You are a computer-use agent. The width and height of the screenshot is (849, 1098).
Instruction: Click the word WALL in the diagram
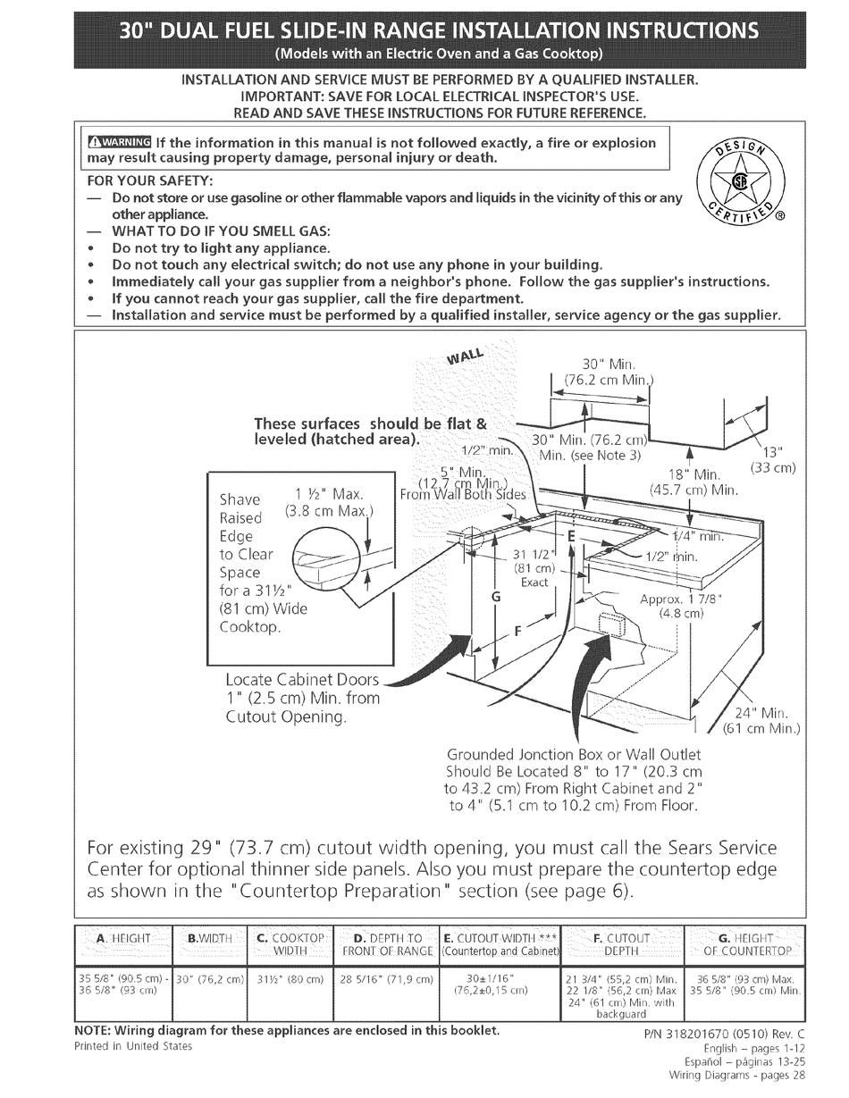pyautogui.click(x=467, y=356)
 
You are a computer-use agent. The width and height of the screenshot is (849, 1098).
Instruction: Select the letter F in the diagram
pyautogui.click(x=517, y=630)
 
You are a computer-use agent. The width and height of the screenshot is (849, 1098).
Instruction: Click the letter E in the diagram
pyautogui.click(x=571, y=536)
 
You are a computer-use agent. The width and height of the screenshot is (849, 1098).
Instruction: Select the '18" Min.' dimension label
pyautogui.click(x=694, y=474)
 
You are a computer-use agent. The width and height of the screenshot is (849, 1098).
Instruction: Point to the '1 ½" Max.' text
pyautogui.click(x=327, y=494)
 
